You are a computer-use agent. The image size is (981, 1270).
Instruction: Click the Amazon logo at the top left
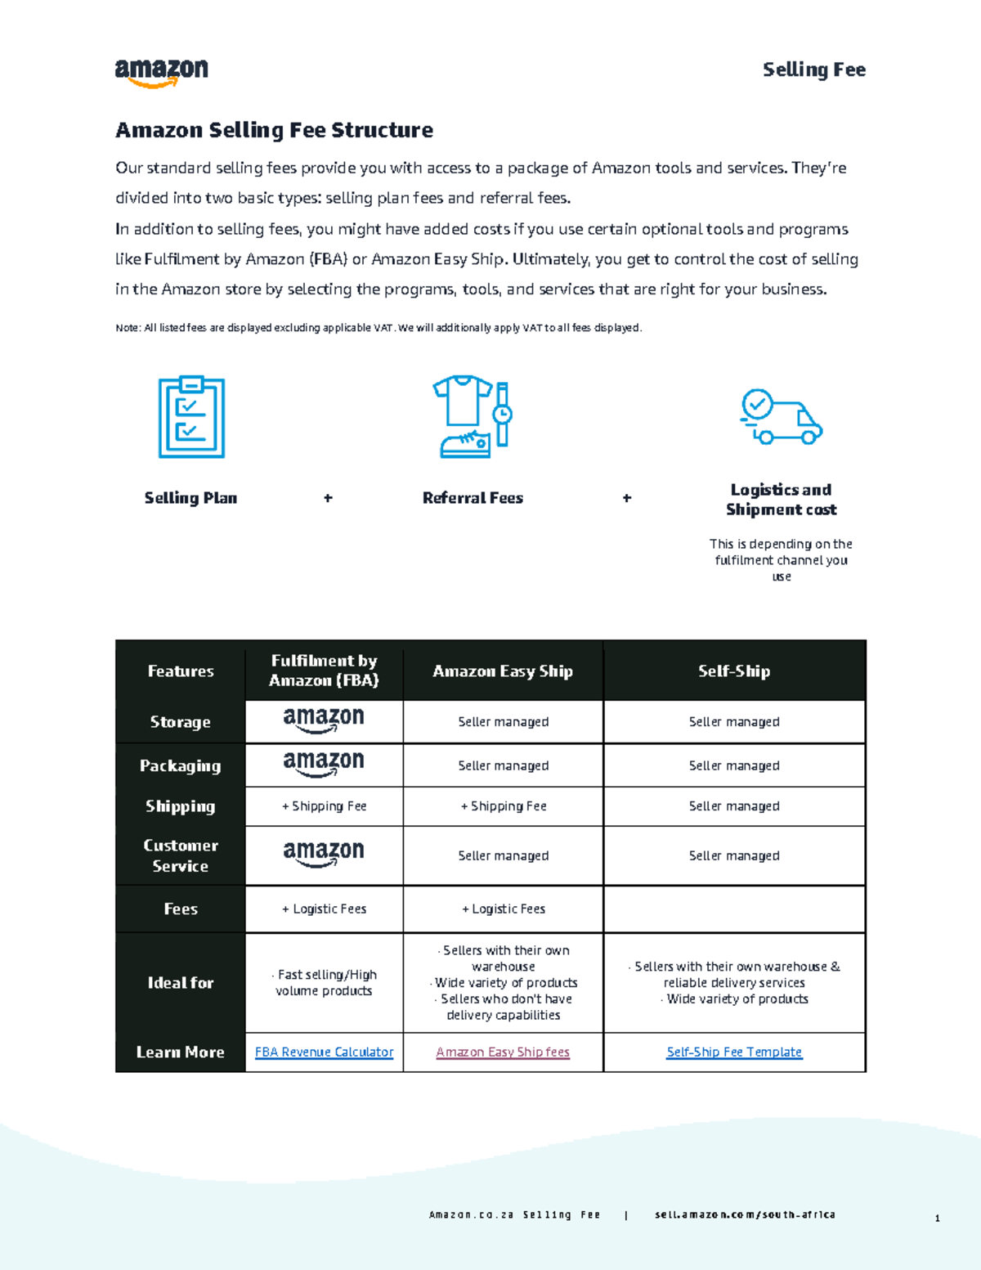[x=161, y=72]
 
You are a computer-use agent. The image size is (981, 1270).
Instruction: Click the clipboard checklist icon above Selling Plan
[x=191, y=417]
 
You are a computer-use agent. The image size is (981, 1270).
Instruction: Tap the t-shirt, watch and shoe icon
[x=473, y=416]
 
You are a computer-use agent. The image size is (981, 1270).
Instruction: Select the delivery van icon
[x=781, y=417]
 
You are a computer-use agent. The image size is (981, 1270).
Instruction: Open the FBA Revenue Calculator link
[x=324, y=1052]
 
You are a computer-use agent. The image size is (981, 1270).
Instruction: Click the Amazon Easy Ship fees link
[x=503, y=1052]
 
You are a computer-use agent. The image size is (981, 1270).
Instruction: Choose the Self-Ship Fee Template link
[x=734, y=1052]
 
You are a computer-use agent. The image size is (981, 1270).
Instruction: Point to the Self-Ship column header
[x=734, y=671]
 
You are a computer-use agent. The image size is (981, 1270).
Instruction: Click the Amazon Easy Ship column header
[x=503, y=671]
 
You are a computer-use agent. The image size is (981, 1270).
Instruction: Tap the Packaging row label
[x=180, y=765]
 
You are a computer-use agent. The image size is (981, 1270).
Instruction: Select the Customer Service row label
[x=180, y=855]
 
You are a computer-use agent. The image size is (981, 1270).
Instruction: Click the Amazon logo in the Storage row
[x=324, y=720]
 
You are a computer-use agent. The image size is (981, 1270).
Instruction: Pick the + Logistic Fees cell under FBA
[x=324, y=909]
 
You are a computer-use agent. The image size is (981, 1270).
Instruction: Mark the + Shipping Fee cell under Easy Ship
[x=504, y=806]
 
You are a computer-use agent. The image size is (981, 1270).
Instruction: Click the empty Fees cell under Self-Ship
[x=734, y=909]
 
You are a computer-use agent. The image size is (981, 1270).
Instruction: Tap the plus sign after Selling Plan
[x=328, y=498]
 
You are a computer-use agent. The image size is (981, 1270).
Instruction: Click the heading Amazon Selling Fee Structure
[x=274, y=130]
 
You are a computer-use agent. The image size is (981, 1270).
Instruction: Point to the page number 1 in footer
[x=937, y=1218]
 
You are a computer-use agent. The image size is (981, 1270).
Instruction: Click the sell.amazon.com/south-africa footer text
[x=745, y=1215]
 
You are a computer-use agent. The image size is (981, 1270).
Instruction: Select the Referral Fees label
[x=473, y=498]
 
